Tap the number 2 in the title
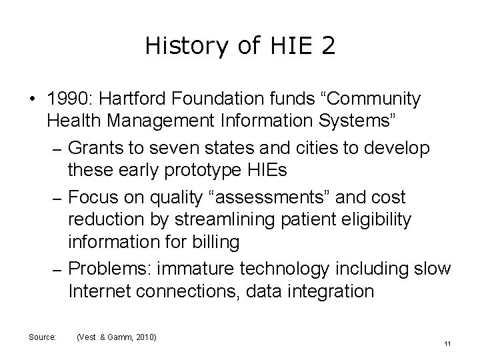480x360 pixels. pos(327,46)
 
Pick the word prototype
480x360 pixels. pos(207,169)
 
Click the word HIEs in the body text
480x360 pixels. pos(268,169)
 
